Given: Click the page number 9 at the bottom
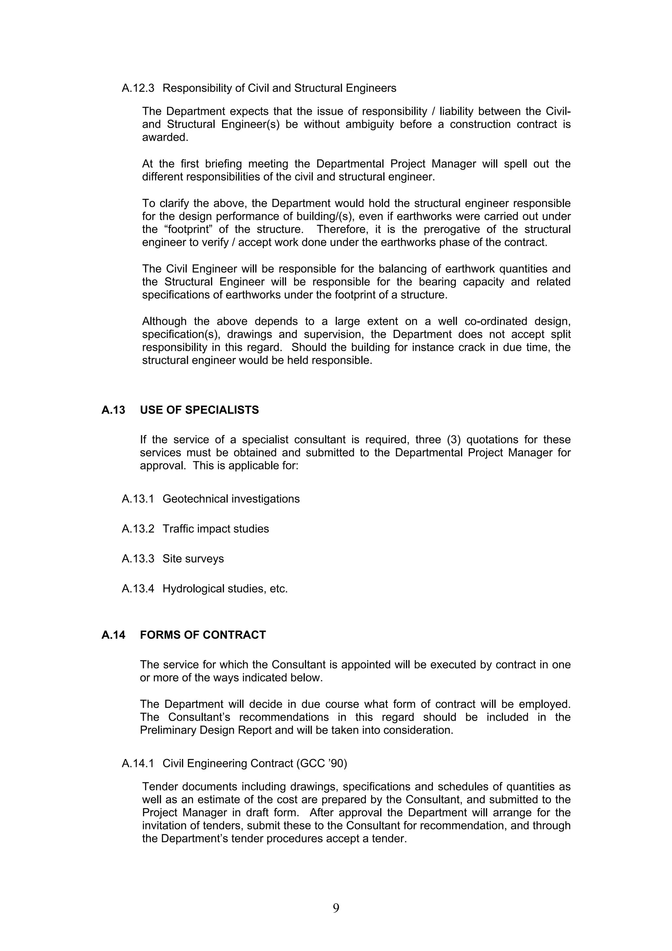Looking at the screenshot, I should [336, 908].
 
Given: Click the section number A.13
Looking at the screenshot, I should [113, 410].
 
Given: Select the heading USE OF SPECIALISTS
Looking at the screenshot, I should [199, 410].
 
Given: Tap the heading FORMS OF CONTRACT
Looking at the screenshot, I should [202, 635].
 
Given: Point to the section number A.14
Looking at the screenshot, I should [113, 635].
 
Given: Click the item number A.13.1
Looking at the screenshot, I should [138, 499].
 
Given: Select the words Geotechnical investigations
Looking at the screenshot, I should [231, 499].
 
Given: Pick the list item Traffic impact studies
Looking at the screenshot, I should [215, 529].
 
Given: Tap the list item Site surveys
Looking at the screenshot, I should [193, 559].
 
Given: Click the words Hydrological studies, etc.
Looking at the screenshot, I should [225, 589].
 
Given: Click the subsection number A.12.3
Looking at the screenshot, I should [138, 88].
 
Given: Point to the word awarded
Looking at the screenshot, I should [165, 137].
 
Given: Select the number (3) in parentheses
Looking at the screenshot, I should [454, 439].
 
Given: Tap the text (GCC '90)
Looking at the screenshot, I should [321, 763].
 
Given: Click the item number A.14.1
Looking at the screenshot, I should [138, 763].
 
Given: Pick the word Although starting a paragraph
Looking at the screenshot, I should [164, 321].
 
